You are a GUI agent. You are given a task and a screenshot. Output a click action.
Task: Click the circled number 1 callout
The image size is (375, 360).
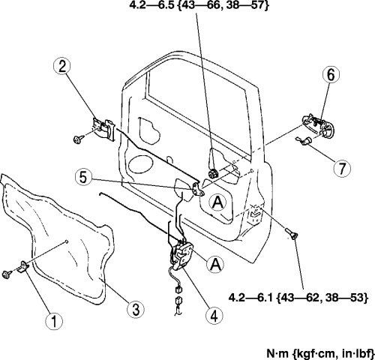(x=54, y=321)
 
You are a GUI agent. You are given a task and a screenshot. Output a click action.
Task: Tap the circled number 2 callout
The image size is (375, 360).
(x=61, y=67)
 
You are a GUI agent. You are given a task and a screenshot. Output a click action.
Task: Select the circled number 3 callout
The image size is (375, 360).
(x=136, y=310)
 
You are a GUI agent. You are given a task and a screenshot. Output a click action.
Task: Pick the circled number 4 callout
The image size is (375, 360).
(x=214, y=316)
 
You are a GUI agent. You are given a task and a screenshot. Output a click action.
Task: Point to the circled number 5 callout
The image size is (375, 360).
(x=84, y=178)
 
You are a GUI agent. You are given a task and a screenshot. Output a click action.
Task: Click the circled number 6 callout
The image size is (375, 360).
(x=331, y=75)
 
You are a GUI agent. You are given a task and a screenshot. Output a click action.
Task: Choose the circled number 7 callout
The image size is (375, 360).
(x=342, y=168)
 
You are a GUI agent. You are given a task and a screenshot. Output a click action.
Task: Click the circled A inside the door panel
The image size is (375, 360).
(x=217, y=202)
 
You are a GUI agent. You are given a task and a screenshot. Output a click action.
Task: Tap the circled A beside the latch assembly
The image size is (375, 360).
(x=215, y=265)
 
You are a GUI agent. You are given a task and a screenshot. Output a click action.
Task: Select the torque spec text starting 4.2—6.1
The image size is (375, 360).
(x=298, y=298)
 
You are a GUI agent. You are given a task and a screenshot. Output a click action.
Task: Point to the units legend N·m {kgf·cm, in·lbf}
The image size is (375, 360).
(x=320, y=353)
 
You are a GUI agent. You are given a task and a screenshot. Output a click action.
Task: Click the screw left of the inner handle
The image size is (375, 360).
(x=77, y=139)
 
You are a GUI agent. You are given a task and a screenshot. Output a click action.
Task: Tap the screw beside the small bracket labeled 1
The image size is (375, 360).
(x=6, y=274)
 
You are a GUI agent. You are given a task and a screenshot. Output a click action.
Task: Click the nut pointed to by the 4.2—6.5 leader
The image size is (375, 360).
(x=213, y=173)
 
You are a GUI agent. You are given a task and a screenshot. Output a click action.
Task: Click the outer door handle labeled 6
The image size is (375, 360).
(x=319, y=125)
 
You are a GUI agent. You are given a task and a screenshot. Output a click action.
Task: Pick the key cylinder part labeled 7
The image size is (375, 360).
(x=304, y=140)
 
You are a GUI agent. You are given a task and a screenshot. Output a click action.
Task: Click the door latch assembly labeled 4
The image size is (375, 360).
(x=181, y=256)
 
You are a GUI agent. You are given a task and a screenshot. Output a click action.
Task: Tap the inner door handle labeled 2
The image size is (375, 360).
(x=103, y=129)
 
